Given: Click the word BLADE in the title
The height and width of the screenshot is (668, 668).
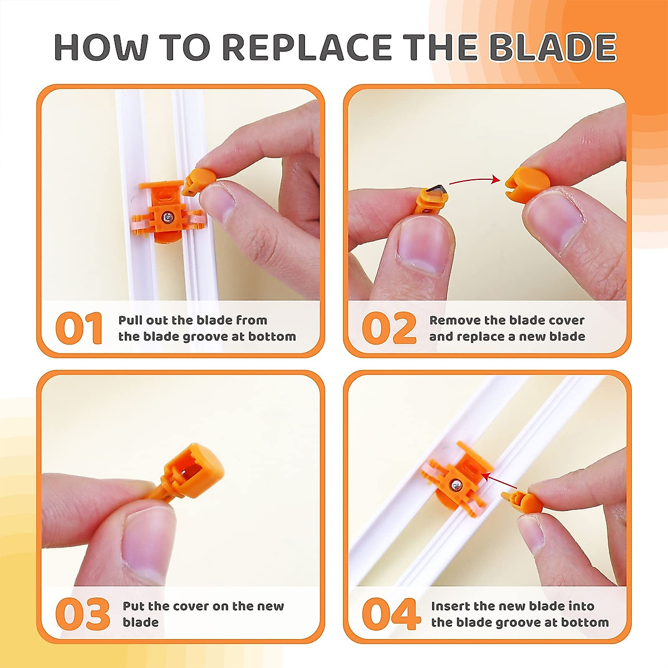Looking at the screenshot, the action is point(553,47).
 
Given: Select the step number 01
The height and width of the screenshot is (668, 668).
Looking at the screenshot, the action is point(78,327).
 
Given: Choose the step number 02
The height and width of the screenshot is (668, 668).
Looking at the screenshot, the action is point(389,327).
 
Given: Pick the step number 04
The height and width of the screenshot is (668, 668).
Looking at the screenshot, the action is point(390,614).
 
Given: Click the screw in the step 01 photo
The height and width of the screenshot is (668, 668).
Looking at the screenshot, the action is point(168,217).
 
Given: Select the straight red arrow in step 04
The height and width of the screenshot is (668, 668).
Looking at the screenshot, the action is point(499,482).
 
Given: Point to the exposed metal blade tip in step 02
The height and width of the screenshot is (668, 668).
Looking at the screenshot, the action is point(437,191).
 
